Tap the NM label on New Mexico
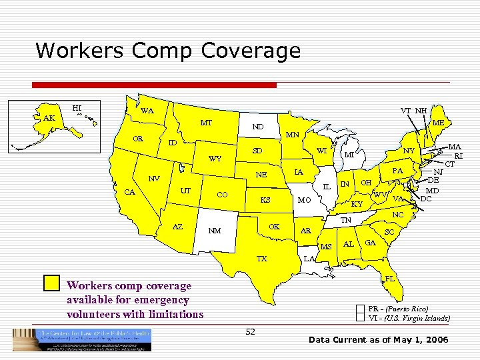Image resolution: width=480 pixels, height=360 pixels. [215, 231]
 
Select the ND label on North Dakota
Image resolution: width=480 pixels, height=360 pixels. [257, 127]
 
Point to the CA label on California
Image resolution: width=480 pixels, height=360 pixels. [131, 193]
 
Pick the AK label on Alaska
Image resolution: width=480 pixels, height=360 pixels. [49, 118]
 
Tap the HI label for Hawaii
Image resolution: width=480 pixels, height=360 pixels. [77, 107]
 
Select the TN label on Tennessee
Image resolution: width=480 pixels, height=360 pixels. [346, 220]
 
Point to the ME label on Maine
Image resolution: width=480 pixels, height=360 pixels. [438, 123]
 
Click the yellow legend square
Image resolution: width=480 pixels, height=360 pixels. [51, 283]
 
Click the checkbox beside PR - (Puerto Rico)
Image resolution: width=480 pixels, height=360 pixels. [361, 309]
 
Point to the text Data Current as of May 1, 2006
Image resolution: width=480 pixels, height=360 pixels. [379, 341]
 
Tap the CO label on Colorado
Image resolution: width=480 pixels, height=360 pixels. [223, 195]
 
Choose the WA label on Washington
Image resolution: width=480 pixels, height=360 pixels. [147, 110]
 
